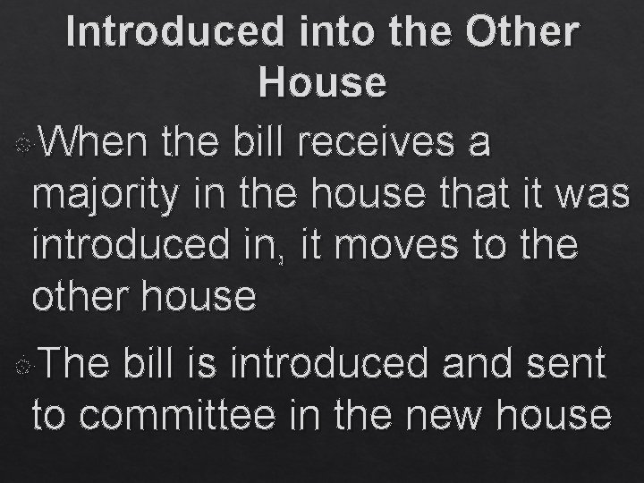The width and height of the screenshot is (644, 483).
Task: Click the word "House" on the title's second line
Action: pyautogui.click(x=322, y=82)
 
